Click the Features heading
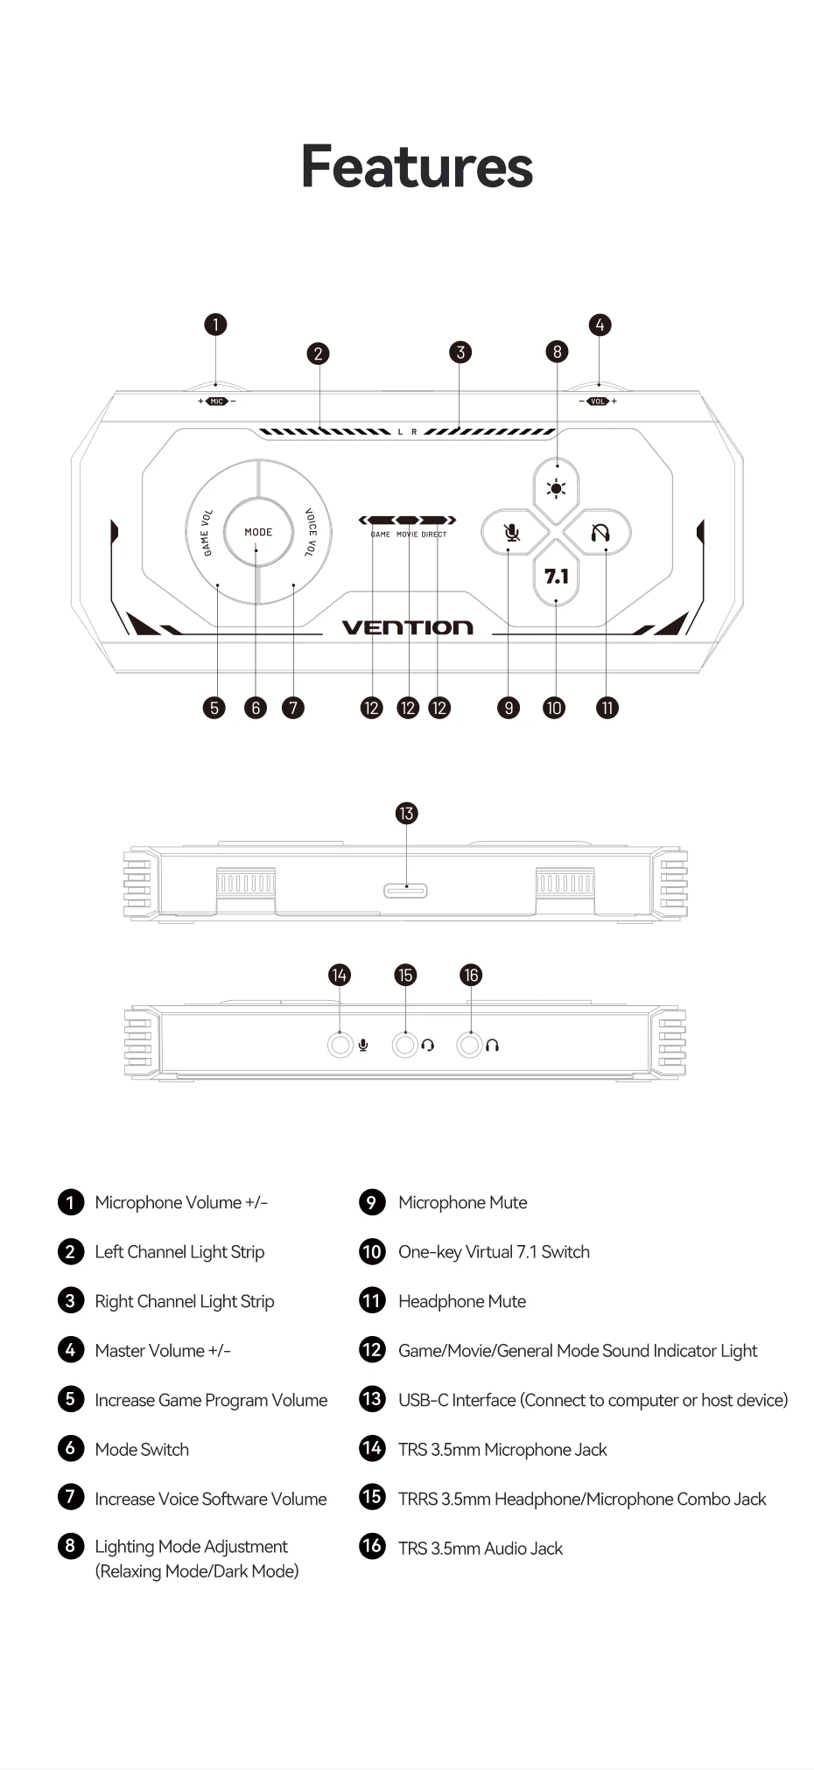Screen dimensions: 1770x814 417,166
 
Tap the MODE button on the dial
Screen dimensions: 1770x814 258,532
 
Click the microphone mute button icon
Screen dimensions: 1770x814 512,533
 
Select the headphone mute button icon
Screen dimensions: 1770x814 600,533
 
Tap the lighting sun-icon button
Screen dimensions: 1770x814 556,489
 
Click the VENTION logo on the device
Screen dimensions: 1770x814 407,627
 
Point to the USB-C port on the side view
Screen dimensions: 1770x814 405,891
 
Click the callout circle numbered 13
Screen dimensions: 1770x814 406,814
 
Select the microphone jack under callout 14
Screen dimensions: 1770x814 340,1045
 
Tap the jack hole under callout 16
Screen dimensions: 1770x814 470,1045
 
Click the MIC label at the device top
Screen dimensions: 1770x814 216,402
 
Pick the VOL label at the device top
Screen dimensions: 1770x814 598,402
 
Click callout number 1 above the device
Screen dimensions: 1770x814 215,325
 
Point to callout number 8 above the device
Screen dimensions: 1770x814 557,352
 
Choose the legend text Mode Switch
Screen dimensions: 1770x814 142,1450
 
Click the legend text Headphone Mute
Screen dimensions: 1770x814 462,1302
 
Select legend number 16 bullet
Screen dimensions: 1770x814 372,1546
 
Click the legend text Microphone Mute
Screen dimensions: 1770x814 463,1203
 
